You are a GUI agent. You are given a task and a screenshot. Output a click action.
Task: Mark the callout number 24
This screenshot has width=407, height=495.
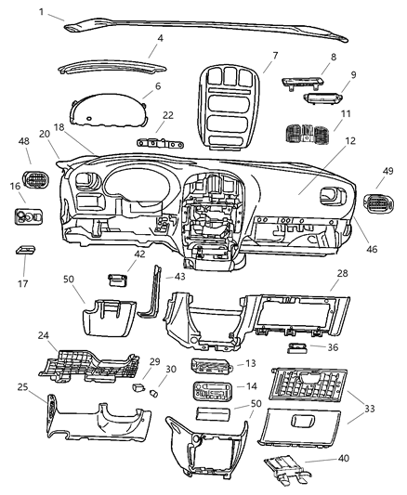[42, 336]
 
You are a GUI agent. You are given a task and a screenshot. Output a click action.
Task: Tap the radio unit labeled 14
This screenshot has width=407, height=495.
[208, 389]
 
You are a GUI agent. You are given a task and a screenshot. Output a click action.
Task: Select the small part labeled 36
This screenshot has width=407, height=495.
[299, 349]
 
